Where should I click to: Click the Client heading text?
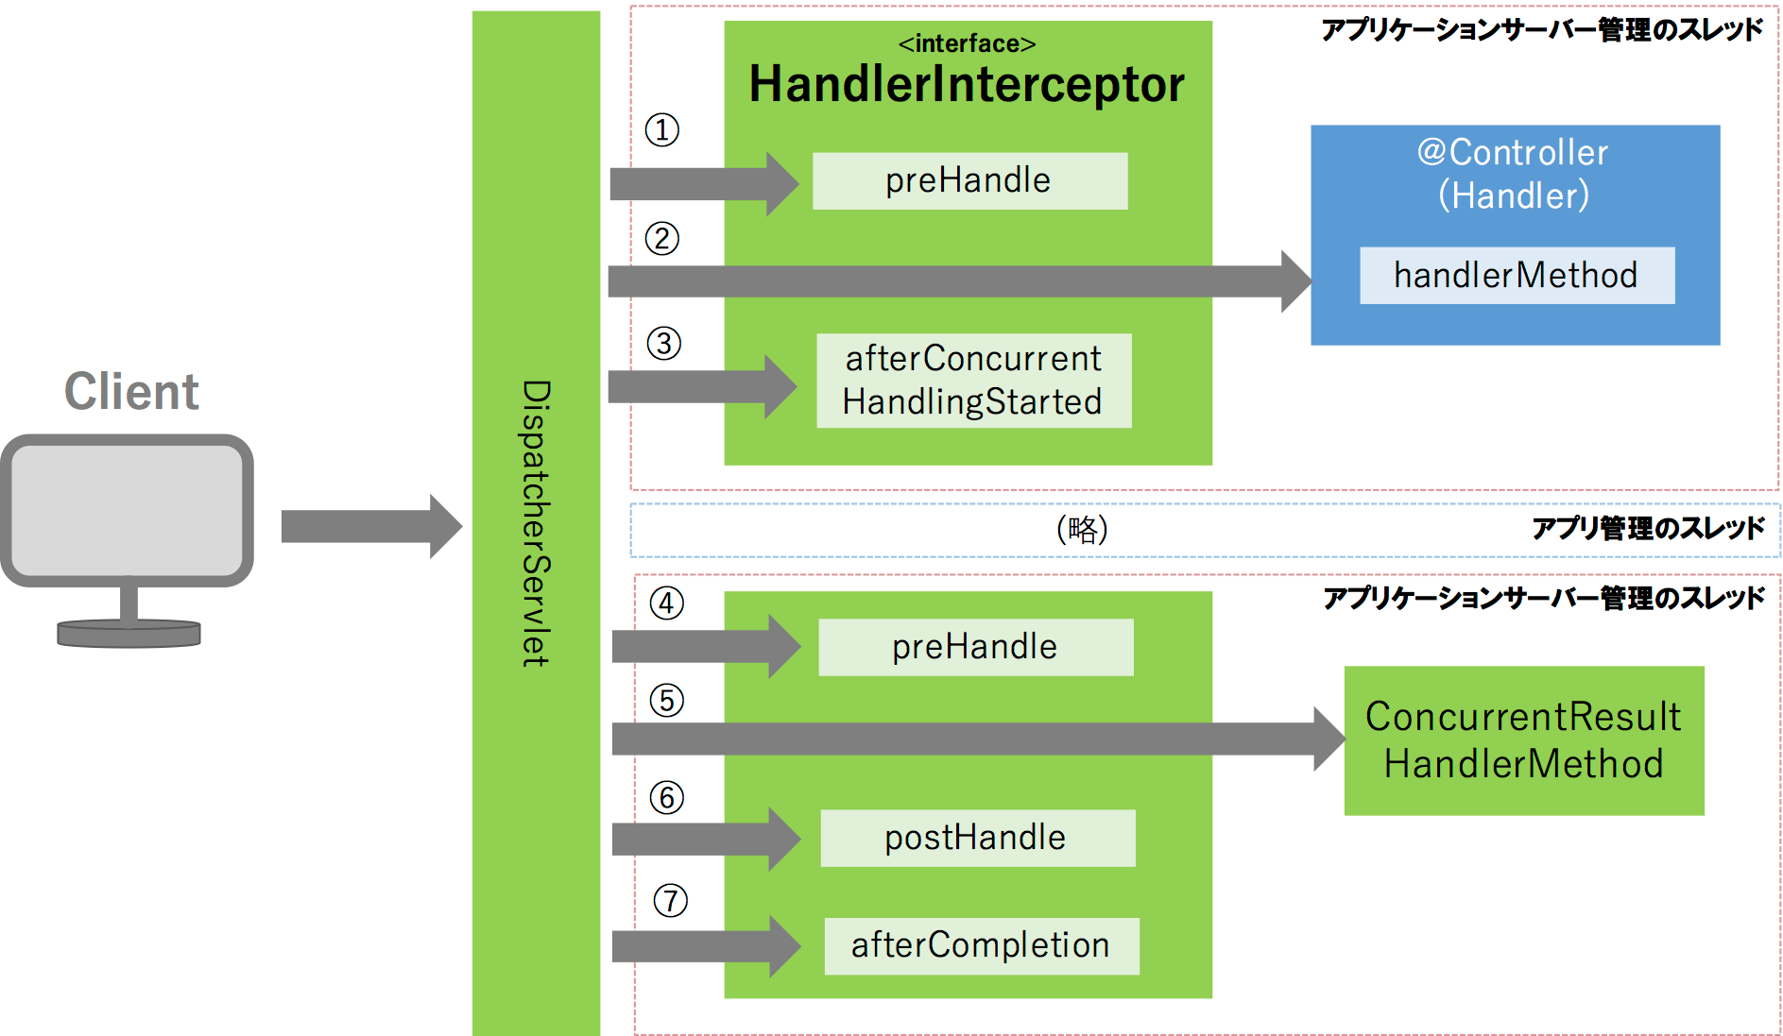(x=131, y=392)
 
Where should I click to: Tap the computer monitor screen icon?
(x=128, y=510)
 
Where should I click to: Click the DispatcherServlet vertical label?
(x=536, y=523)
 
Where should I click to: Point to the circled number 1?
(x=662, y=129)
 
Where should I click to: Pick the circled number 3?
(x=664, y=343)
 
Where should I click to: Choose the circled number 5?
(x=667, y=701)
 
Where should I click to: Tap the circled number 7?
(x=671, y=901)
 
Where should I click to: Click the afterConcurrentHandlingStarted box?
(x=973, y=381)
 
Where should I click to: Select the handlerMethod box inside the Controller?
(x=1517, y=276)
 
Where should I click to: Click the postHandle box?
(x=977, y=838)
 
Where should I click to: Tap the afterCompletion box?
(x=981, y=945)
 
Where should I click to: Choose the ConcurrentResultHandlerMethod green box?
(x=1524, y=740)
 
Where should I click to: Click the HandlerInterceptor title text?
(x=967, y=85)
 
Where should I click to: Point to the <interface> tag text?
(x=967, y=43)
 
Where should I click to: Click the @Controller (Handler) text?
(x=1514, y=174)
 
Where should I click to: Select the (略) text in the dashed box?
(x=1082, y=529)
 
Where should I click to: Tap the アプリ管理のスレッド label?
(x=1648, y=528)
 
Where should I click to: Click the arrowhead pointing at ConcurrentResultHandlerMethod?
(x=1329, y=739)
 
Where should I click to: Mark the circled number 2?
(x=662, y=238)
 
